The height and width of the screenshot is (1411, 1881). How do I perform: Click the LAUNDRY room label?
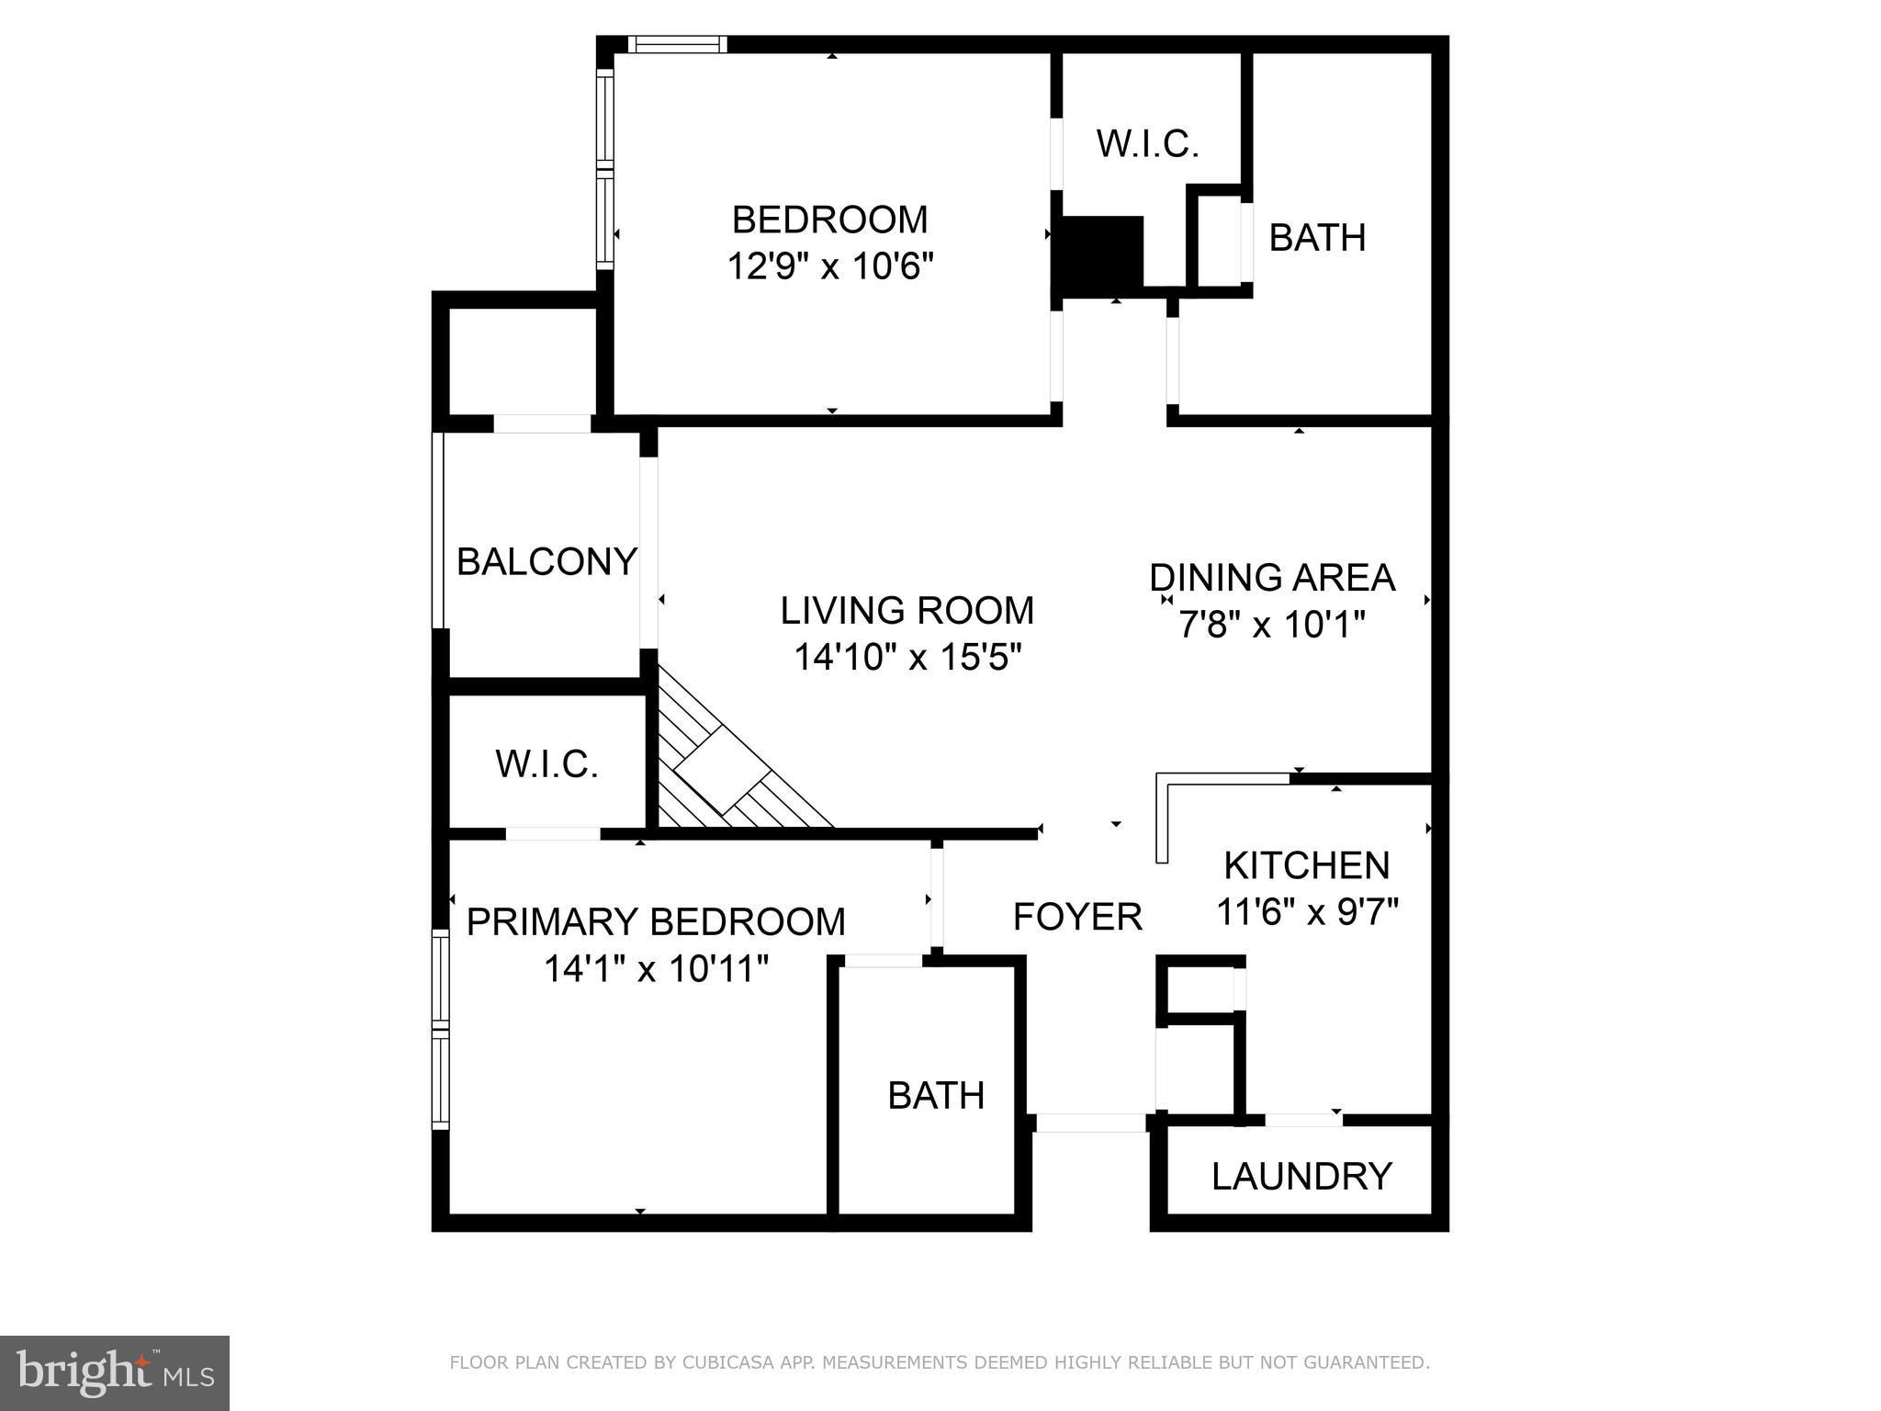(x=1301, y=1176)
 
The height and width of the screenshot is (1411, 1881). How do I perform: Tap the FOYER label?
(x=1077, y=916)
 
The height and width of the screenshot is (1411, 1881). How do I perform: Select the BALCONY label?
(x=546, y=561)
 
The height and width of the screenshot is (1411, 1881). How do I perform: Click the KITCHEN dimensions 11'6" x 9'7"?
(x=1307, y=912)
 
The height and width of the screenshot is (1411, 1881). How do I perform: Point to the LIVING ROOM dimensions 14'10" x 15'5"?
(x=907, y=657)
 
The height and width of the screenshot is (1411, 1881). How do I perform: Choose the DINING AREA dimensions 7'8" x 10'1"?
(x=1272, y=625)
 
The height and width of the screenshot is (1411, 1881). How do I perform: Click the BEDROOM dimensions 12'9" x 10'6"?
(x=830, y=266)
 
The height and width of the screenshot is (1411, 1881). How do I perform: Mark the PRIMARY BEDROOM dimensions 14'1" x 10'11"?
(x=656, y=968)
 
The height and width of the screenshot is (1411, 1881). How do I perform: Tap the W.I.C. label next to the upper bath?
(x=1147, y=144)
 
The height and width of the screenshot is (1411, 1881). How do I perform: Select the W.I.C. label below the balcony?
(x=546, y=763)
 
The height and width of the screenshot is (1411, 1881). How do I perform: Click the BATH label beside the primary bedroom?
(x=936, y=1095)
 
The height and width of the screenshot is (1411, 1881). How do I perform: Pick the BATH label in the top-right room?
(x=1317, y=237)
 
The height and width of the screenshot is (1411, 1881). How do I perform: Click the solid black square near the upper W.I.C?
(x=1102, y=253)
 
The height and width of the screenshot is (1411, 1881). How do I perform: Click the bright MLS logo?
(x=115, y=1372)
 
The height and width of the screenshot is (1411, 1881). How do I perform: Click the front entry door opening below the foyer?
(x=1091, y=1123)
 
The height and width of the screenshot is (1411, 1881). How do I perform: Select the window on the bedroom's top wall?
(x=678, y=44)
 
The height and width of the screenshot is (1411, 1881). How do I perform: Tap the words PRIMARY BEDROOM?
(x=656, y=921)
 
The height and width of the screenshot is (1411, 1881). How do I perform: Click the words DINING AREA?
(x=1272, y=577)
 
